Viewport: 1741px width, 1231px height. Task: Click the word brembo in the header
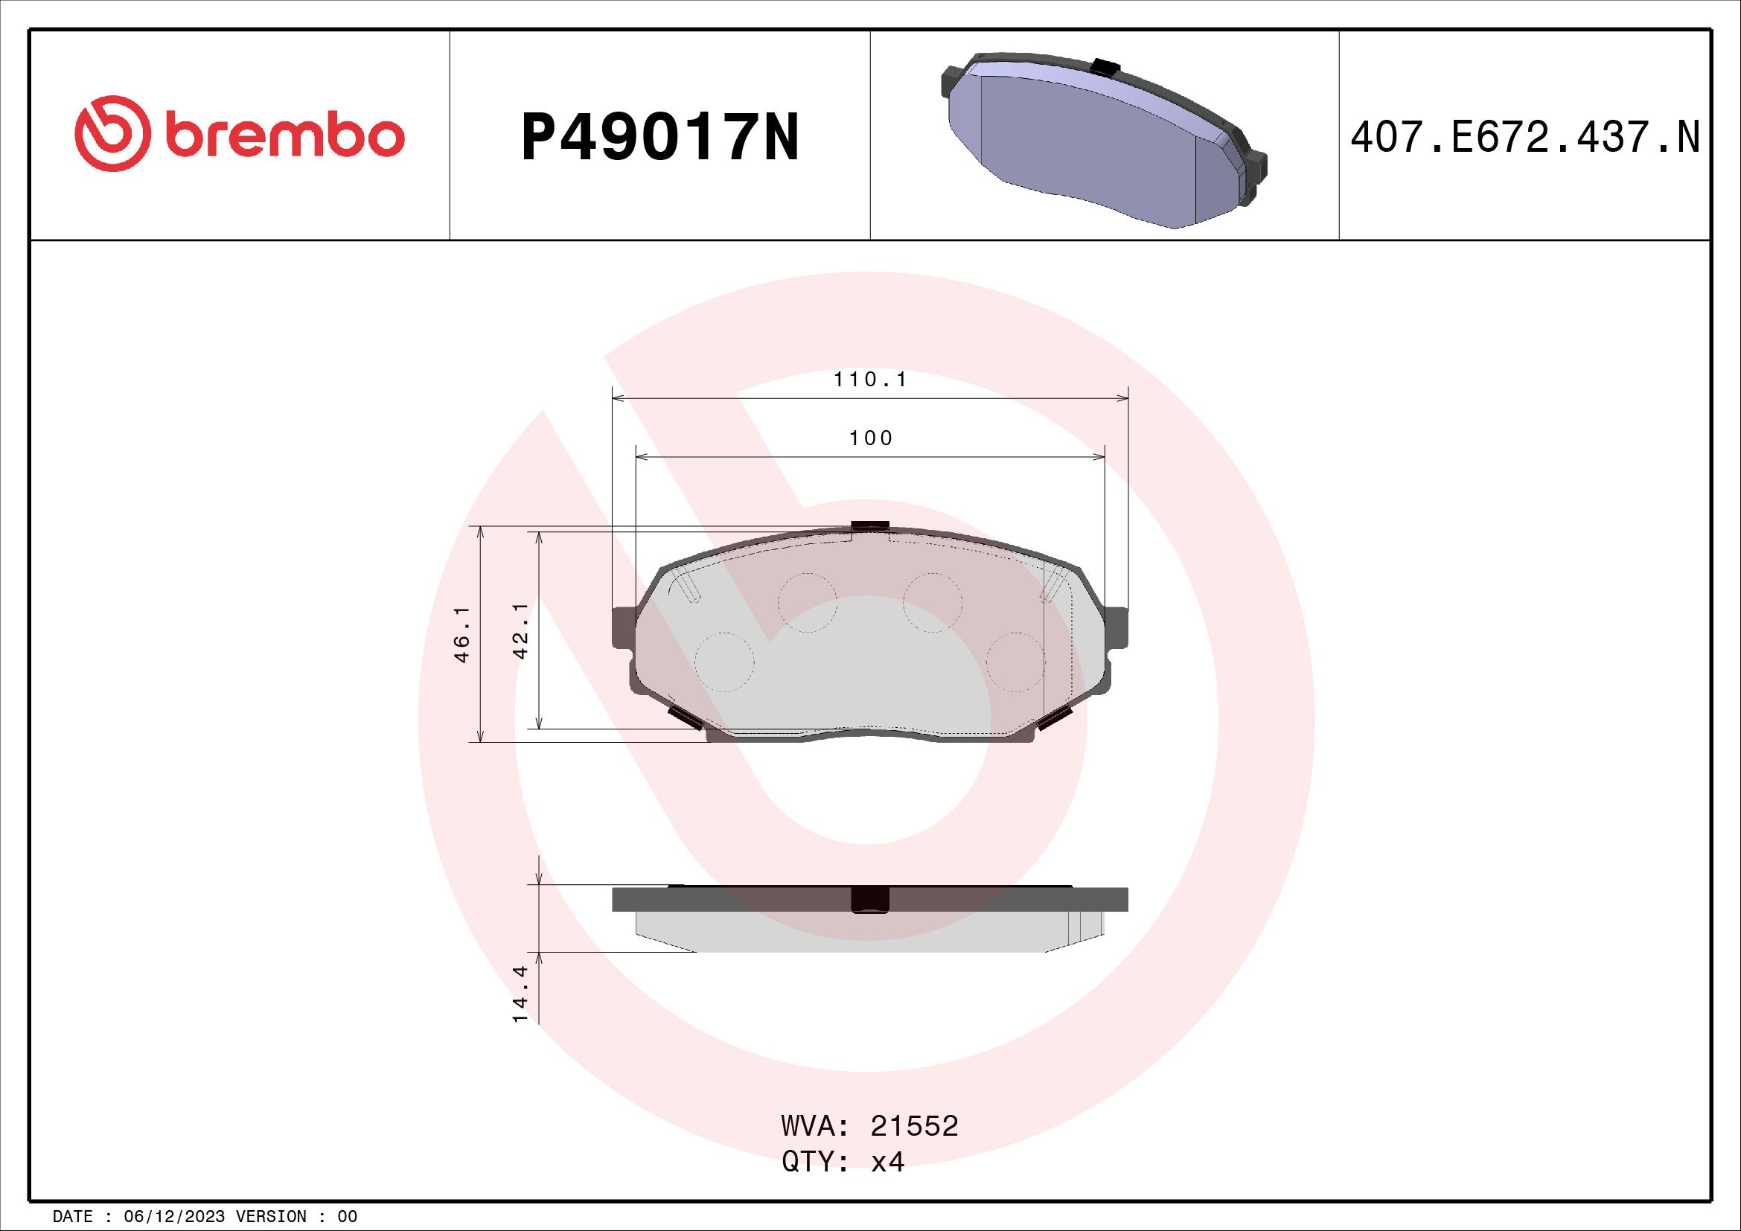click(282, 135)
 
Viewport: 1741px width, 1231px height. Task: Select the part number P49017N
click(659, 137)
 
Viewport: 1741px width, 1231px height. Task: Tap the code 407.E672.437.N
click(1525, 138)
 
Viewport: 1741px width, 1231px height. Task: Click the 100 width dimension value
click(871, 438)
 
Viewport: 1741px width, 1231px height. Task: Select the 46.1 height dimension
click(461, 633)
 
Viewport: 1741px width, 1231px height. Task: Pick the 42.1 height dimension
click(520, 630)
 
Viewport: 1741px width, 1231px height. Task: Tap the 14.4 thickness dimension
click(520, 994)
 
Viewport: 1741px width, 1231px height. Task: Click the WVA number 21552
click(915, 1126)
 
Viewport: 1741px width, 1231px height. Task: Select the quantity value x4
click(887, 1161)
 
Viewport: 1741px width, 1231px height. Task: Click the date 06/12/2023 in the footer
click(174, 1217)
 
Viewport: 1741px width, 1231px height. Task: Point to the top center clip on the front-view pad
click(869, 525)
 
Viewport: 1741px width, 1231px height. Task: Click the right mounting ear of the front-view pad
click(1117, 626)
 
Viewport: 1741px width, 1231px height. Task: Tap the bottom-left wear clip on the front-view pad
click(683, 716)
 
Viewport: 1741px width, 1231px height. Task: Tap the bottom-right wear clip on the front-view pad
click(1054, 717)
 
